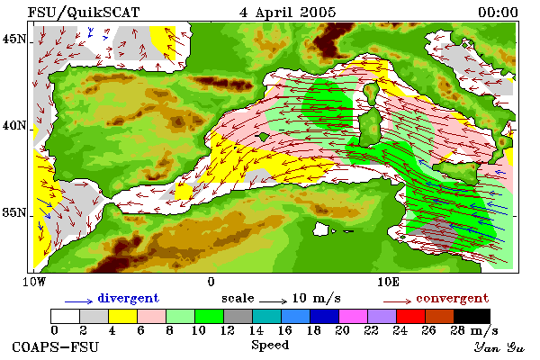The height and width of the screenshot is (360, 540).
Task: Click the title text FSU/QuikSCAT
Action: point(84,13)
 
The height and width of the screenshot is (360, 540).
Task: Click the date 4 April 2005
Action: point(288,13)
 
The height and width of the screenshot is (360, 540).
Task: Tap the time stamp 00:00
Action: point(498,13)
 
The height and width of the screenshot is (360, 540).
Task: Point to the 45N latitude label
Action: point(14,40)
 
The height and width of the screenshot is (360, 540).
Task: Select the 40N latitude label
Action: point(14,126)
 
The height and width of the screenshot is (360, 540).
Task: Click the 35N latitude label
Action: point(14,212)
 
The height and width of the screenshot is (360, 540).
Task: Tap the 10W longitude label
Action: point(34,282)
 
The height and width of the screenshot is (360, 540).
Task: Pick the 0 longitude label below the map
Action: point(211,282)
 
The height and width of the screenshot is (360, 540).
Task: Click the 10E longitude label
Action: point(389,282)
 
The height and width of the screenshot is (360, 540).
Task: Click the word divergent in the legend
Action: point(129,298)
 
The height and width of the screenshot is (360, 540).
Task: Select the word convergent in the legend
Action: point(453,298)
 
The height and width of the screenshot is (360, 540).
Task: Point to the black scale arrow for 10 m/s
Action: point(273,301)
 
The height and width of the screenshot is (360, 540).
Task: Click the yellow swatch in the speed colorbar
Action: point(123,316)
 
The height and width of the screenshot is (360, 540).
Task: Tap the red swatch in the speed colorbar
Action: point(411,316)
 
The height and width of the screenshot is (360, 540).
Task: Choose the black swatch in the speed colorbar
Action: point(472,316)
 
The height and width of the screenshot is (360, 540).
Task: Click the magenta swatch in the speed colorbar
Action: point(354,316)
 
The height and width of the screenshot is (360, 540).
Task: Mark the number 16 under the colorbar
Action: point(284,330)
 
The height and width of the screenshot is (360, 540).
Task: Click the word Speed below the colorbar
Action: point(270,346)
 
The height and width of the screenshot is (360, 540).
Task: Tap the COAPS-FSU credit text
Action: point(56,346)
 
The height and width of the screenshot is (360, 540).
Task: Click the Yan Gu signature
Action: point(499,347)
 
